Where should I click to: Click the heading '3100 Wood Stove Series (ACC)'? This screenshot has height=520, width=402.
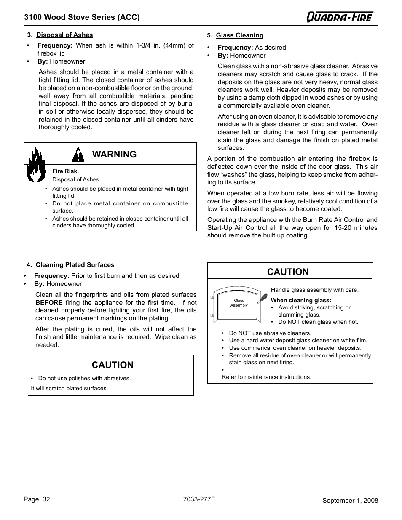click(x=82, y=17)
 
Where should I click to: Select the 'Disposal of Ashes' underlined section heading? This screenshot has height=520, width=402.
click(x=64, y=35)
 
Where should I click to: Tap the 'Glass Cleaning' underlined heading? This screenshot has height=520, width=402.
click(x=239, y=35)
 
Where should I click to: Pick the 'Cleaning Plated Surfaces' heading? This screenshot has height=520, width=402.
click(x=75, y=265)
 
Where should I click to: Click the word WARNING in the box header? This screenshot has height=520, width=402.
click(x=114, y=154)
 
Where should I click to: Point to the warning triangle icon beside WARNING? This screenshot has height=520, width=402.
click(x=78, y=155)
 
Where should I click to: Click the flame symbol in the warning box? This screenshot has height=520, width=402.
click(x=36, y=165)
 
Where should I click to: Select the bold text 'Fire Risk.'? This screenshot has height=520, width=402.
click(x=65, y=171)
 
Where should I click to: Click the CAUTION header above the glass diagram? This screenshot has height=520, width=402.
click(x=288, y=272)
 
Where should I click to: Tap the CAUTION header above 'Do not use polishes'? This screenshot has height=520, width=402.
click(x=113, y=365)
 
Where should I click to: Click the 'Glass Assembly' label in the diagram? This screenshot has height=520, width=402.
click(x=239, y=303)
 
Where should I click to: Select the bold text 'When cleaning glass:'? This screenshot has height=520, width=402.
click(x=301, y=300)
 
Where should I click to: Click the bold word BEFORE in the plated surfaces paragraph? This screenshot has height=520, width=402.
click(x=49, y=303)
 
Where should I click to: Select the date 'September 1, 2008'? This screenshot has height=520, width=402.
click(x=350, y=500)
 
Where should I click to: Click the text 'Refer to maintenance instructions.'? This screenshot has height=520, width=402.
click(x=266, y=377)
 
